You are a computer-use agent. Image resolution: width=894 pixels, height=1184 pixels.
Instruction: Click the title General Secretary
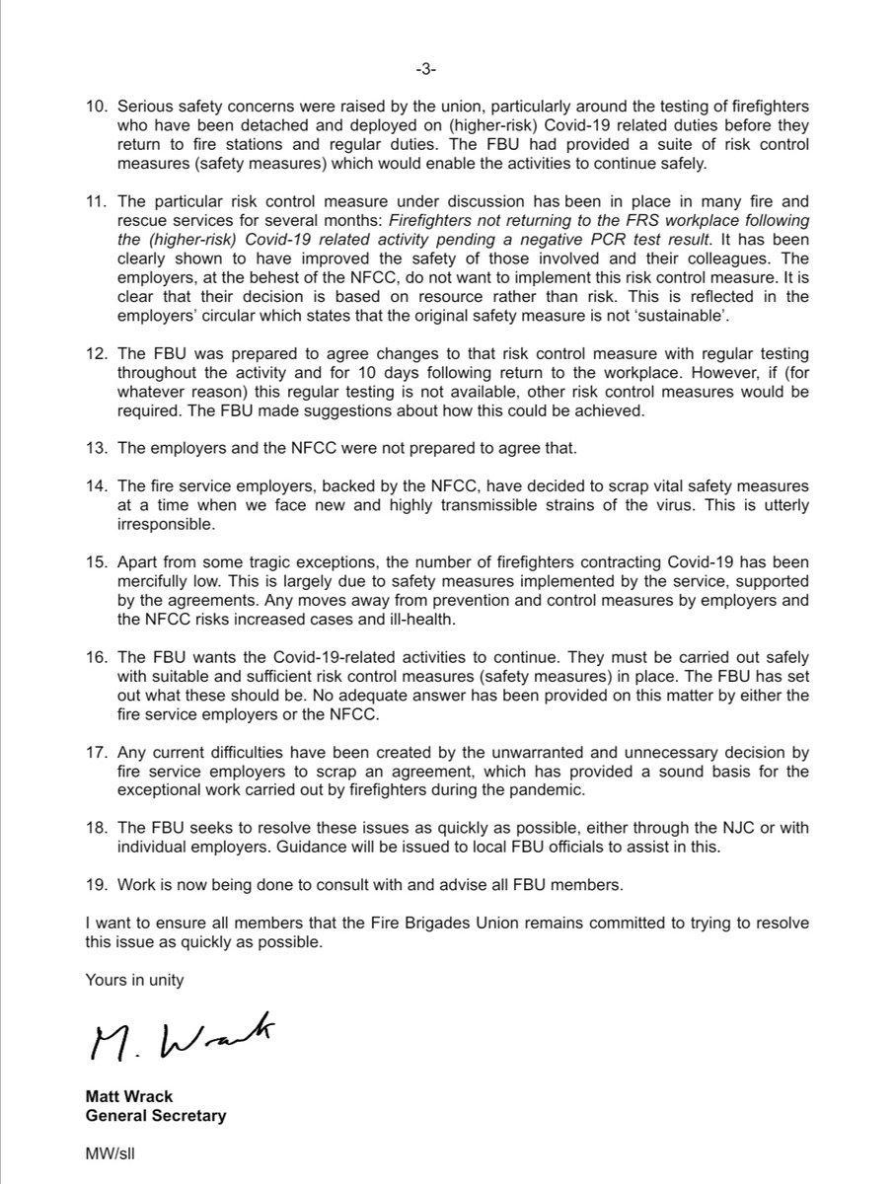[x=157, y=1116]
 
